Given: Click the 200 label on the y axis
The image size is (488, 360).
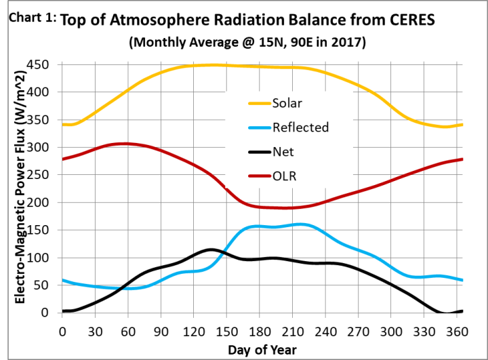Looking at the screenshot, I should pos(47,202).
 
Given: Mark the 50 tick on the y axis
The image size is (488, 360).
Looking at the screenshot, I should pos(50,285).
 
